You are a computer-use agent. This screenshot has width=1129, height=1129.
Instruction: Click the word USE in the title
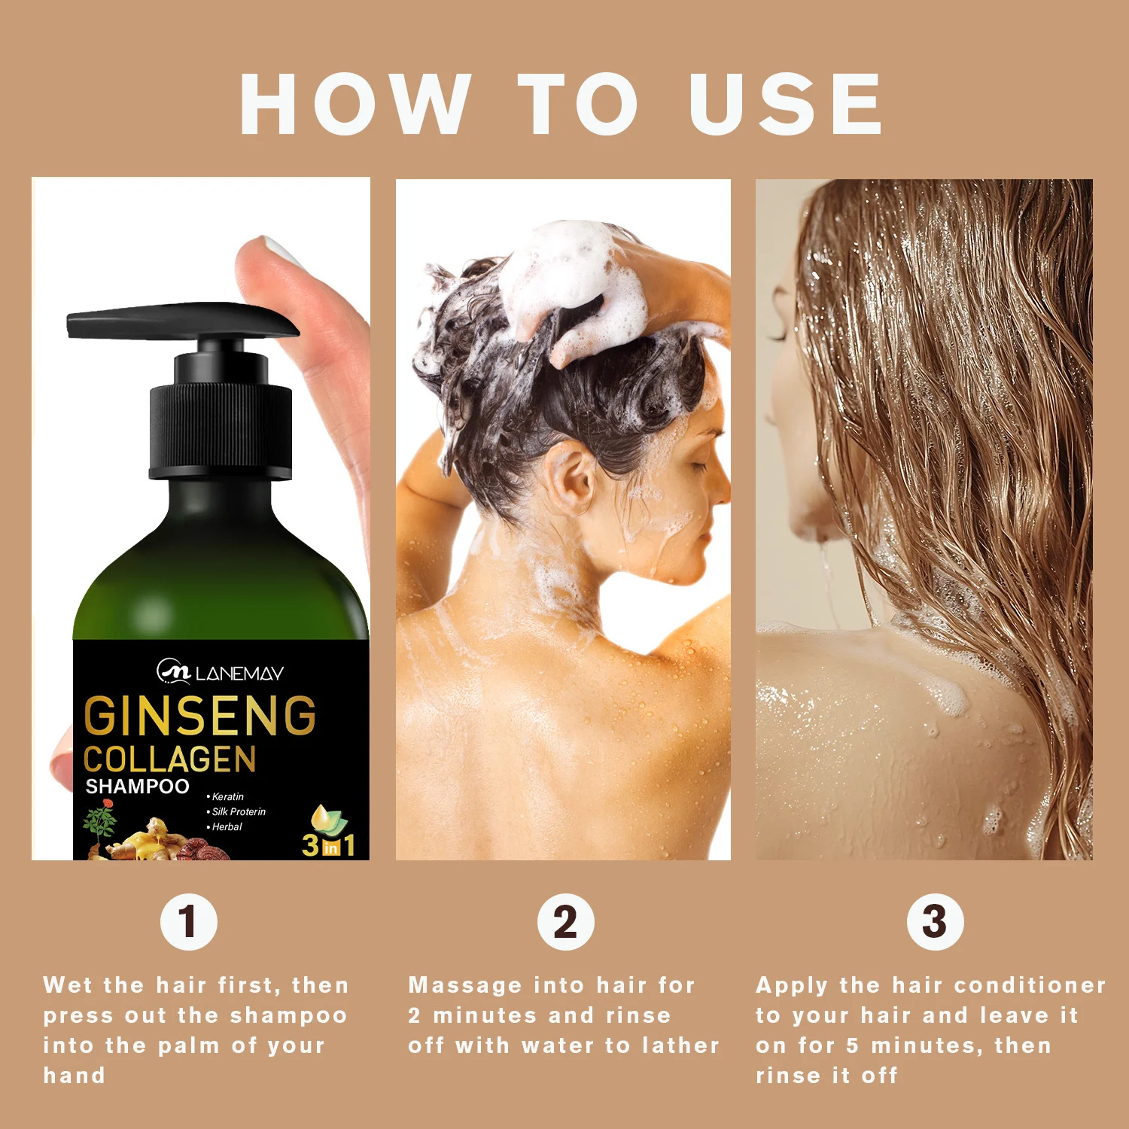785,104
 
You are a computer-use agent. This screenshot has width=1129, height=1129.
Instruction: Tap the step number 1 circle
189,922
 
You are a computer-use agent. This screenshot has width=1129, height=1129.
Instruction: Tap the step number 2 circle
566,922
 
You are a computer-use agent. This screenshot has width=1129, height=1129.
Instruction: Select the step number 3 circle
935,922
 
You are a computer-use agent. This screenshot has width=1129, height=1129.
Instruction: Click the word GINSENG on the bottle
200,716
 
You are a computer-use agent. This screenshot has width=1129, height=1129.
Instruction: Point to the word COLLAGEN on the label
170,759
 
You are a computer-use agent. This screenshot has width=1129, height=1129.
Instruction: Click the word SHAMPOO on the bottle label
138,787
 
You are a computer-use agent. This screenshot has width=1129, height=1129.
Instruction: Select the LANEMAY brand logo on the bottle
220,671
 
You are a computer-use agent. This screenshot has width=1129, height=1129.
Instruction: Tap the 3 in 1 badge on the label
329,834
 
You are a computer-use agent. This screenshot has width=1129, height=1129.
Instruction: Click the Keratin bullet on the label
225,796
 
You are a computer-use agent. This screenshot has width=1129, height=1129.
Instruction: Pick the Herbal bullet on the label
224,826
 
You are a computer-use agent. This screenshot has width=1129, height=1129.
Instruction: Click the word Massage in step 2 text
465,985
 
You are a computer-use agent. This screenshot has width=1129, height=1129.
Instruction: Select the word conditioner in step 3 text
1030,985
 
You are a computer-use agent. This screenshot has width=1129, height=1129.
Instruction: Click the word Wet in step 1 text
68,985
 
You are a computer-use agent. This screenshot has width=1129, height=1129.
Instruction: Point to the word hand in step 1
74,1076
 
